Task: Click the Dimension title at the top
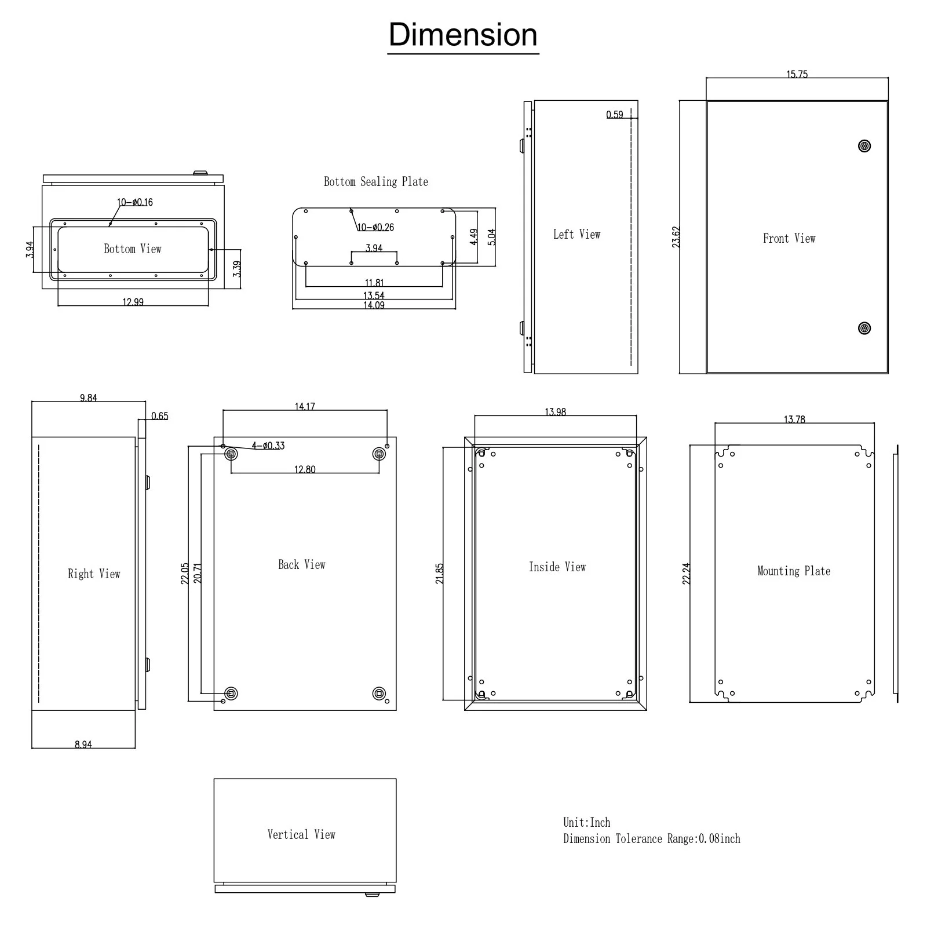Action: [x=463, y=35]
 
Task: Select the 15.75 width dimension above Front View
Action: [x=797, y=74]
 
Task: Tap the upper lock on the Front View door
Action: [x=864, y=146]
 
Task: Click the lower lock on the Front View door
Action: [x=864, y=329]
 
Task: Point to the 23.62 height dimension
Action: [x=676, y=237]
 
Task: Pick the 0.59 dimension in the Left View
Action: [x=615, y=115]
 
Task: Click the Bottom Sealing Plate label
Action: [x=376, y=182]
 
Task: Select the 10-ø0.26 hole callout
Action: [x=375, y=227]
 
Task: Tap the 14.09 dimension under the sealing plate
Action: [x=374, y=305]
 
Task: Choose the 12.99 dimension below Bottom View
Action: [x=133, y=302]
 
